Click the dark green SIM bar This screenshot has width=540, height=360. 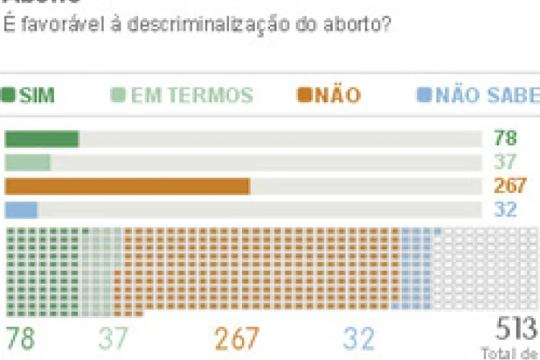click(x=42, y=139)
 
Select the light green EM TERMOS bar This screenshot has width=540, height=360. click(x=28, y=162)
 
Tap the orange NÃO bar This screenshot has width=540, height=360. click(x=127, y=186)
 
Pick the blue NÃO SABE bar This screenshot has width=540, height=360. click(x=22, y=210)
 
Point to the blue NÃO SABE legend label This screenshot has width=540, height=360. click(x=487, y=96)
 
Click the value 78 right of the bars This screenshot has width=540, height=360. click(x=505, y=138)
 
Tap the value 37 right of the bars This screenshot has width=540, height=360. click(x=505, y=162)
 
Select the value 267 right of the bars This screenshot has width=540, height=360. click(x=510, y=186)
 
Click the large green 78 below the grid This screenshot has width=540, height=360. click(x=21, y=338)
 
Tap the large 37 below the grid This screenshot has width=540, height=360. click(x=113, y=338)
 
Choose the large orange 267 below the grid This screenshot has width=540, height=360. click(x=237, y=338)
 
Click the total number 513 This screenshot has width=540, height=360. click(x=515, y=329)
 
